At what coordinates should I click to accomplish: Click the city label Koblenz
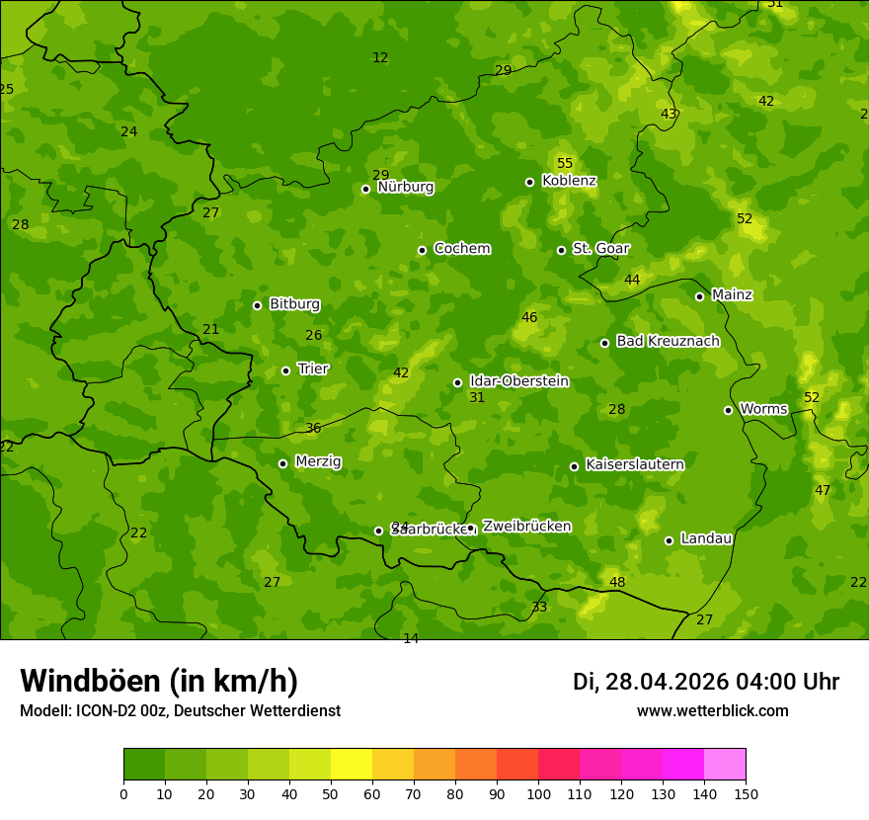click(x=569, y=181)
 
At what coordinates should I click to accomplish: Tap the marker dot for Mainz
click(x=699, y=296)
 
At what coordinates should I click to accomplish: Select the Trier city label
click(x=313, y=369)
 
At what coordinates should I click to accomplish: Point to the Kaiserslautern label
click(x=635, y=465)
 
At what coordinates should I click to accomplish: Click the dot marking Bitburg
click(x=257, y=305)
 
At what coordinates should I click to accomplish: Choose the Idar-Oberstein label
click(x=518, y=381)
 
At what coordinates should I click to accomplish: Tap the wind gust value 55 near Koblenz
click(x=565, y=163)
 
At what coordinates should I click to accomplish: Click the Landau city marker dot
click(x=669, y=540)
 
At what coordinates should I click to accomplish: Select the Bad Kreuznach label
click(x=668, y=342)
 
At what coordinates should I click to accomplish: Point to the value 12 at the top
click(x=380, y=57)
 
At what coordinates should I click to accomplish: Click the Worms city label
click(x=763, y=409)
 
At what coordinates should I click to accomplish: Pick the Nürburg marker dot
click(x=365, y=189)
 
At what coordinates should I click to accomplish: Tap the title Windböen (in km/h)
click(x=159, y=681)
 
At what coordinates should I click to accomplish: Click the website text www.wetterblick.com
click(x=712, y=711)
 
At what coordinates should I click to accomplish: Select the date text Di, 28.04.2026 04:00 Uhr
click(x=705, y=682)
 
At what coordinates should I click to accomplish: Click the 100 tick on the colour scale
click(x=538, y=792)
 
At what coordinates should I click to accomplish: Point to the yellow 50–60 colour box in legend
click(x=352, y=765)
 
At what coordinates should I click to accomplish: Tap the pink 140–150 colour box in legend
click(x=725, y=765)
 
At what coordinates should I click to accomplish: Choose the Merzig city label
click(x=318, y=461)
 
